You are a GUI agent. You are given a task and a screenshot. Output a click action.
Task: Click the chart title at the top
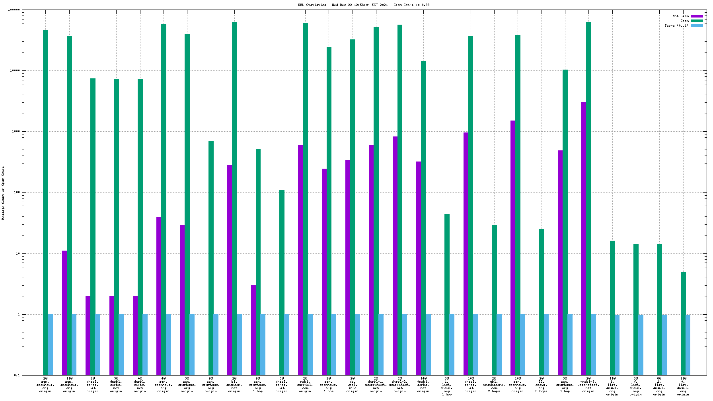[364, 5]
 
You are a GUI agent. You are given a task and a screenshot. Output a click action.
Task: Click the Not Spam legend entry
[680, 16]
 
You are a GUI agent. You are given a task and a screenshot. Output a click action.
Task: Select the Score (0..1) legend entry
[676, 25]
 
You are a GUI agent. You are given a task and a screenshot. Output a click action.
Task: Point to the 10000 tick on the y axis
[14, 71]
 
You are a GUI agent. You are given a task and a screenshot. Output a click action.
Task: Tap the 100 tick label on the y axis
[16, 193]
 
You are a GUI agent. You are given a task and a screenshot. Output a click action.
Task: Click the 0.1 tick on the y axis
[17, 375]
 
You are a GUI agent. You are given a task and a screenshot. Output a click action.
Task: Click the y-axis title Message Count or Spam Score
[3, 193]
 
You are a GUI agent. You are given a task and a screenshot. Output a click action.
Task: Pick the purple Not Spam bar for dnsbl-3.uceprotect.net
[584, 239]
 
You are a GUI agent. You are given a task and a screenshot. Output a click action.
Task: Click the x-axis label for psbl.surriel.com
[305, 385]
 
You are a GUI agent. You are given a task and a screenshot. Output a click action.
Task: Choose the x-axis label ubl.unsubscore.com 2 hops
[494, 385]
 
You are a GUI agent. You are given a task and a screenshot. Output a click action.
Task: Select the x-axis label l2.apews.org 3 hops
[542, 385]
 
